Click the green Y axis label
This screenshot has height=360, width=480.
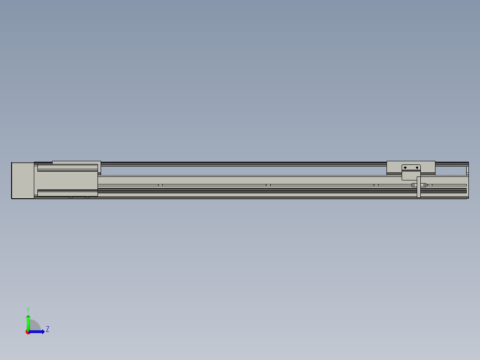coord(28,310)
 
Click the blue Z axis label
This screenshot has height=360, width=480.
coord(48,329)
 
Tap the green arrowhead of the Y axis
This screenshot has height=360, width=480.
coord(28,317)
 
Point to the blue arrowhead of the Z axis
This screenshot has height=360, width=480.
coord(43,332)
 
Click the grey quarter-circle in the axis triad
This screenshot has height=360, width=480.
coord(35,325)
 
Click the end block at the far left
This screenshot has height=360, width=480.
coord(23,180)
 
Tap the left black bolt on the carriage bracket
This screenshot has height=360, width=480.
coord(405,168)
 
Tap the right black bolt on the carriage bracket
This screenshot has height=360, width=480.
coord(417,168)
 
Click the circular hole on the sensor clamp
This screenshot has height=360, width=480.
coord(413,185)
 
